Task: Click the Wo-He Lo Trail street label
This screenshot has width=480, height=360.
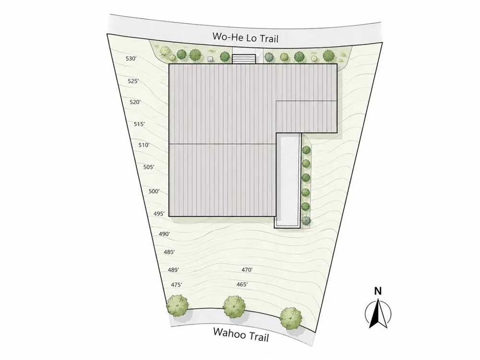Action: coord(245,37)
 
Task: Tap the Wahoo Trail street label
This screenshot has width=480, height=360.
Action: coord(241,334)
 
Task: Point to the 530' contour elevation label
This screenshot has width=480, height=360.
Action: coord(131,59)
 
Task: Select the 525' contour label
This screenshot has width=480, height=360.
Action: coord(133,81)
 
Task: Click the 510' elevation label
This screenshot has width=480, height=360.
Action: coord(144,145)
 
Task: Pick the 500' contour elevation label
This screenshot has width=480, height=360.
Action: coord(154,192)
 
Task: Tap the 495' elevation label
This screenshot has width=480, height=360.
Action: coord(159,214)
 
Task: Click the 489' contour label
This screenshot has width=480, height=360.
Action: coord(173,270)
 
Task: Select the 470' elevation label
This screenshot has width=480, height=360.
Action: coord(247,270)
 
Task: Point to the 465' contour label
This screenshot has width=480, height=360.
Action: coord(242,285)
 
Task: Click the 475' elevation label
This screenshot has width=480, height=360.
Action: coord(176,285)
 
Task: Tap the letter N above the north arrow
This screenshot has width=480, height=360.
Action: coord(378,291)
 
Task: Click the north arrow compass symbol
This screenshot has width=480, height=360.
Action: coord(378,313)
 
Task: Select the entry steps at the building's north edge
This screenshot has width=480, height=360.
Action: coord(244,59)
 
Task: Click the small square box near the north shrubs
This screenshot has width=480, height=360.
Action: coord(210,59)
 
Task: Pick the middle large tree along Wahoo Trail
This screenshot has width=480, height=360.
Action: coord(234,307)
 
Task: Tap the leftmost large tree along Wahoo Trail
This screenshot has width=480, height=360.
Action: coord(177,306)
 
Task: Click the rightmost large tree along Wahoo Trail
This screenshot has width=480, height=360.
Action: coord(290,318)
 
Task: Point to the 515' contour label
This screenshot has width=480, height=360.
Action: coord(139,124)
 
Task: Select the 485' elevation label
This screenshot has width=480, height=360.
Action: coord(169,252)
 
